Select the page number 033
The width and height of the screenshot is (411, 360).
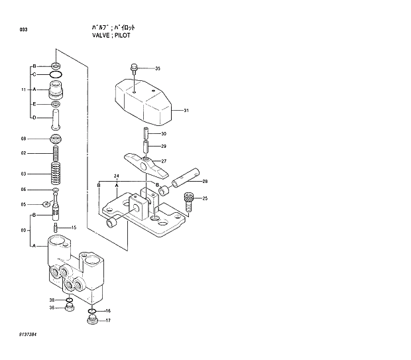[x=24, y=30]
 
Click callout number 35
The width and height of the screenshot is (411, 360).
[x=157, y=69]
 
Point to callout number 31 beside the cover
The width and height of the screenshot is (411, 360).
[x=186, y=111]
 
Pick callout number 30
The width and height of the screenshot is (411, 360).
[x=163, y=135]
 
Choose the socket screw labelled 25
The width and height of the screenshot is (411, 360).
[x=189, y=200]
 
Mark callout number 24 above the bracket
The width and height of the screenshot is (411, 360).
[x=116, y=176]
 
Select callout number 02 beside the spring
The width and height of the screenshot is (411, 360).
[x=24, y=153]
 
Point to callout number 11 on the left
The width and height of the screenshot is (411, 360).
[x=23, y=90]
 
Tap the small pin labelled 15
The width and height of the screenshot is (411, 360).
[x=58, y=228]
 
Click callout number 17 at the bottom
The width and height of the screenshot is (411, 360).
[x=107, y=321]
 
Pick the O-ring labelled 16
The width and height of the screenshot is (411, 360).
[x=92, y=311]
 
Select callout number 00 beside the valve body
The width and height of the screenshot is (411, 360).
[x=23, y=230]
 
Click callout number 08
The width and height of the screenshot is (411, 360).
[x=23, y=139]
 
